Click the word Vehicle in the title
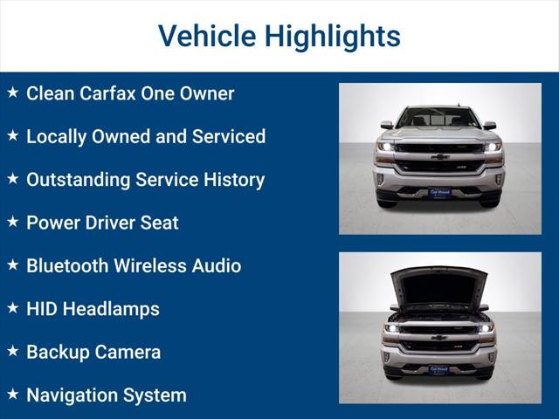point(206,36)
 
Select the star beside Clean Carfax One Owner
point(12,93)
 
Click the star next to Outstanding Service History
point(12,179)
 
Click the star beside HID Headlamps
point(12,308)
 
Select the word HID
point(41,308)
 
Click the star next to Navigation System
point(12,394)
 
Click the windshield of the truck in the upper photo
point(438,117)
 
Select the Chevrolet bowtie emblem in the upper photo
point(439,157)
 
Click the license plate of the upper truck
point(439,193)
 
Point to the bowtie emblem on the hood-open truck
point(439,337)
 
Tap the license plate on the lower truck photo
point(439,369)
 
